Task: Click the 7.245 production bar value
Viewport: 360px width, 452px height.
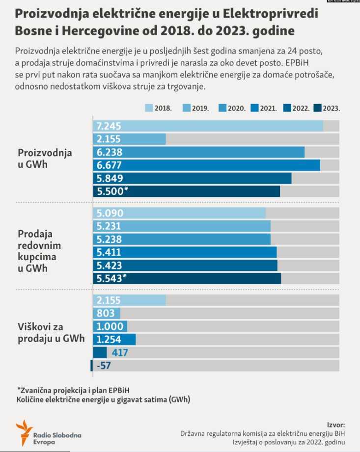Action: (x=109, y=126)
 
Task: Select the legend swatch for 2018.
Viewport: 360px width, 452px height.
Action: (x=149, y=108)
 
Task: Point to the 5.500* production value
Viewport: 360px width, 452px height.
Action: (x=112, y=191)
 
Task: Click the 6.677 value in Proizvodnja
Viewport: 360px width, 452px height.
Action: (x=109, y=165)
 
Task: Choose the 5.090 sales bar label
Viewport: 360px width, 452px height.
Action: (x=110, y=213)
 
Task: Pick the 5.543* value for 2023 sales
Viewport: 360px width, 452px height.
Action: (x=112, y=278)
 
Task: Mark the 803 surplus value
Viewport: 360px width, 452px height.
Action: (x=106, y=313)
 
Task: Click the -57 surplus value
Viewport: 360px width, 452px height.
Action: (x=103, y=365)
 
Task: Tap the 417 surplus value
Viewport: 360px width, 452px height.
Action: (x=120, y=352)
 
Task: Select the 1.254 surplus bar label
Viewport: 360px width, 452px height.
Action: (x=109, y=339)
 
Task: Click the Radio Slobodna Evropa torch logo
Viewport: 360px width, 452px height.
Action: (x=23, y=432)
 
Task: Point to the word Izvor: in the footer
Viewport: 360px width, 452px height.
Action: (x=336, y=425)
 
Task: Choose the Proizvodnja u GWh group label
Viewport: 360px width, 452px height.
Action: (x=45, y=159)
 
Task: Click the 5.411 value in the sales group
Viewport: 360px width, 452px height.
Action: (x=109, y=252)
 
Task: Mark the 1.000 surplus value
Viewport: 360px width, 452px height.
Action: (x=109, y=326)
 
